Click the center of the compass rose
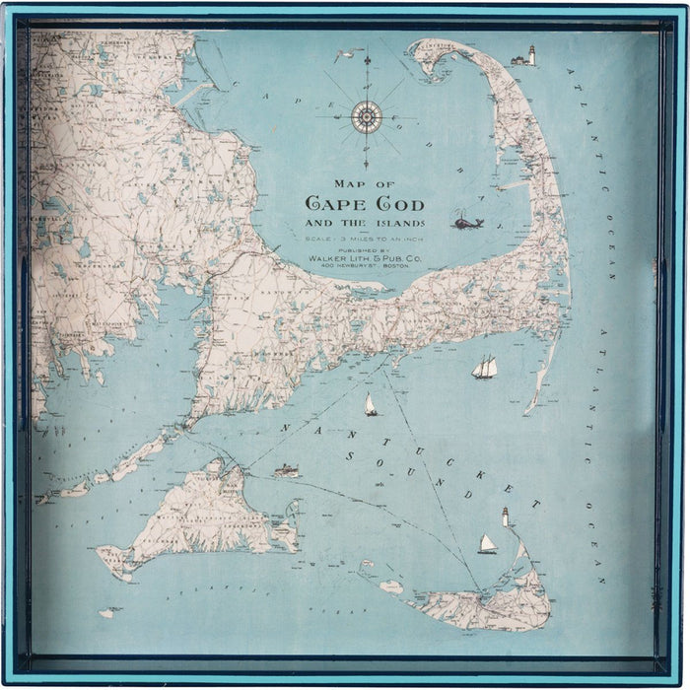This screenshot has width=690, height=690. (x=367, y=117)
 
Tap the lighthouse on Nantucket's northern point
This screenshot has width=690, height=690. (x=506, y=516)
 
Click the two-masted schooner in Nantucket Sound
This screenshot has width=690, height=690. (x=484, y=368)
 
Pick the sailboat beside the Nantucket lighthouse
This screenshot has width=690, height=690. (x=487, y=544)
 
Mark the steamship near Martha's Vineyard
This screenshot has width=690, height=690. (x=287, y=470)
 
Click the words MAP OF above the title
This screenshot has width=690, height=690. (x=365, y=184)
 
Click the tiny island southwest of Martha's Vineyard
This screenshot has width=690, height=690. (x=107, y=612)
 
